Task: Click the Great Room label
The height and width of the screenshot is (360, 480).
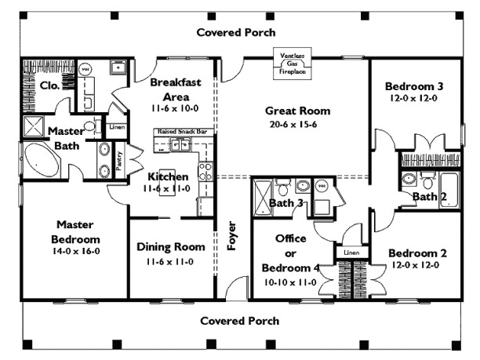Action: tap(297, 111)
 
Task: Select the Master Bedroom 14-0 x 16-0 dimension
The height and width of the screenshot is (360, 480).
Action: tap(75, 252)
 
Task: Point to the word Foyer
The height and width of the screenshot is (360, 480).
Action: tap(232, 236)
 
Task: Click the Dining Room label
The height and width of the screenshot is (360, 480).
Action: tap(171, 247)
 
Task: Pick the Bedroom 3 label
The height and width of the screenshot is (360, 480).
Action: tap(413, 86)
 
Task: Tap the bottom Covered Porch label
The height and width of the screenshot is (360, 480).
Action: tap(239, 321)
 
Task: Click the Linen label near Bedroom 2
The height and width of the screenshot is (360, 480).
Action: tap(351, 253)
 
